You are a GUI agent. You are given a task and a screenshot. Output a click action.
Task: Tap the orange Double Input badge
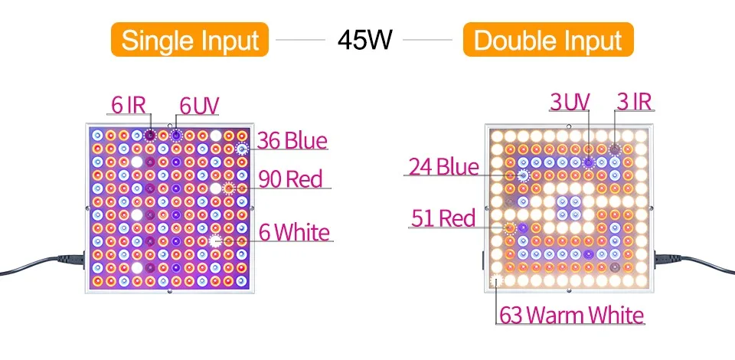548,39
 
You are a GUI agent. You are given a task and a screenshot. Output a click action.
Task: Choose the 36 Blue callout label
292,141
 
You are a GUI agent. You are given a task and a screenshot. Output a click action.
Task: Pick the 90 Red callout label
289,179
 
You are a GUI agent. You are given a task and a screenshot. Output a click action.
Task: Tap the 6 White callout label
294,232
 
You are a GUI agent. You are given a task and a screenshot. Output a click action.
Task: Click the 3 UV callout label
570,101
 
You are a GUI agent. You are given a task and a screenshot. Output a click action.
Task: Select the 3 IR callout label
636,101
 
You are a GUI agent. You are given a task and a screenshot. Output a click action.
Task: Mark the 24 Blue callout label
443,166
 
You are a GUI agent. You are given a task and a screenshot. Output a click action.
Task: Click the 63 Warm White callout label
571,315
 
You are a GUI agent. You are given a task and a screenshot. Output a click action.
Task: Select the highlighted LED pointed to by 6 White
217,241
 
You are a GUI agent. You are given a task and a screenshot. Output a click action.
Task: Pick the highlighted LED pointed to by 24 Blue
523,175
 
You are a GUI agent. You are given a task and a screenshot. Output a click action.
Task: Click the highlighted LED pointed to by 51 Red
510,227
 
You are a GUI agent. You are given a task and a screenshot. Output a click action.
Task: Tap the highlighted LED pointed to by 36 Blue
243,149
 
